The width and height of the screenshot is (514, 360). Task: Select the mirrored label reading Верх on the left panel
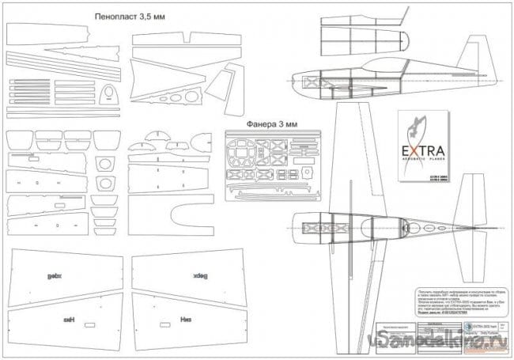click(x=55, y=275)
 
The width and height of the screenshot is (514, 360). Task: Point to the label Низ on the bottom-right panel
click(x=165, y=321)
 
